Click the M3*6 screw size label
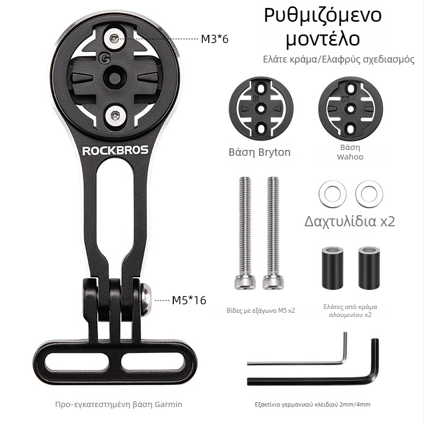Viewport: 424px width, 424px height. click(x=215, y=39)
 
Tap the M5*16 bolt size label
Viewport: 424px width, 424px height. click(x=189, y=300)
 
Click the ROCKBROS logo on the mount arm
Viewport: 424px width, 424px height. click(x=116, y=151)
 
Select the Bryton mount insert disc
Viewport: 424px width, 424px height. click(x=261, y=109)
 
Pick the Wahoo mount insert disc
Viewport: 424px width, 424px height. click(x=350, y=109)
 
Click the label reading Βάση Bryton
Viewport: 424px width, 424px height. click(x=260, y=152)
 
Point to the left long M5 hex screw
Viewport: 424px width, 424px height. click(x=245, y=233)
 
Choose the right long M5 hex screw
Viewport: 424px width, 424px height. click(x=272, y=233)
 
